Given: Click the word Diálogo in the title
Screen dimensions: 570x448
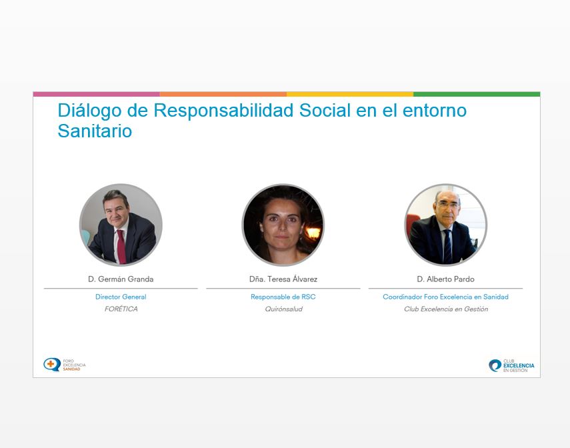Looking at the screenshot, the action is pyautogui.click(x=89, y=111).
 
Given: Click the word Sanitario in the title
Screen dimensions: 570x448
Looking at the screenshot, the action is pyautogui.click(x=95, y=131).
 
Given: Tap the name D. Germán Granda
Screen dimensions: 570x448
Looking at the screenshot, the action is pyautogui.click(x=121, y=279).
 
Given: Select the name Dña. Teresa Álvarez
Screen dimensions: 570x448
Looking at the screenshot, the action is pyautogui.click(x=283, y=279).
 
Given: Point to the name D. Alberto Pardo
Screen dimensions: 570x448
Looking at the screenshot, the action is pyautogui.click(x=446, y=279).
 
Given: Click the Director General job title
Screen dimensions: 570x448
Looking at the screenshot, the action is pyautogui.click(x=121, y=297).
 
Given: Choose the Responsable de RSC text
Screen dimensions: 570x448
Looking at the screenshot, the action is pyautogui.click(x=283, y=297).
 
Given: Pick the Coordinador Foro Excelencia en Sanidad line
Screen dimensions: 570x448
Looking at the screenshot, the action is pyautogui.click(x=446, y=297).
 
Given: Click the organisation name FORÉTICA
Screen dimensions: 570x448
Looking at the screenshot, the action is pyautogui.click(x=121, y=309).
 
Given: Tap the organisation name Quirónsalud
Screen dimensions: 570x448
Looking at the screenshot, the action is pyautogui.click(x=283, y=309).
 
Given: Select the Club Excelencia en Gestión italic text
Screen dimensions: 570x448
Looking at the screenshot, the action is pyautogui.click(x=446, y=309).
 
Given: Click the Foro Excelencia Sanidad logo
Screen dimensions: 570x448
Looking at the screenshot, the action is pyautogui.click(x=65, y=365).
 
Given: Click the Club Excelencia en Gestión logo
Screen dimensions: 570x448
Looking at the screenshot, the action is pyautogui.click(x=511, y=365).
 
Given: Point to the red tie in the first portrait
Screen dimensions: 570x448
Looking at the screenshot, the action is pyautogui.click(x=121, y=247).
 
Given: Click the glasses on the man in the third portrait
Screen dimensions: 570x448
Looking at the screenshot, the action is pyautogui.click(x=448, y=205).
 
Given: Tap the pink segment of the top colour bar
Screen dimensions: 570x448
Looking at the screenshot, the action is pyautogui.click(x=96, y=94).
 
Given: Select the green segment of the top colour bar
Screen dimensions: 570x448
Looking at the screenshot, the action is pyautogui.click(x=477, y=94).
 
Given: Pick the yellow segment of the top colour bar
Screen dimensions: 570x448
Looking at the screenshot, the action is pyautogui.click(x=350, y=94).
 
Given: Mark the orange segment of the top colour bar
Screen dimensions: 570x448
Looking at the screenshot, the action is pyautogui.click(x=223, y=94).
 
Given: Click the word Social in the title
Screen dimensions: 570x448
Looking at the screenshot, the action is pyautogui.click(x=325, y=111).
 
